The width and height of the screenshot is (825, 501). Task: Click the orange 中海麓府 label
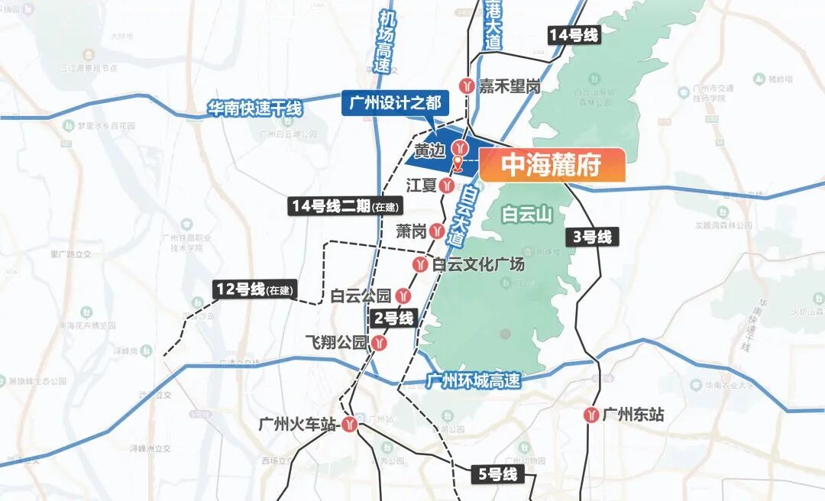coord(552,166)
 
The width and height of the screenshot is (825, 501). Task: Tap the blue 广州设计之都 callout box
coord(396,103)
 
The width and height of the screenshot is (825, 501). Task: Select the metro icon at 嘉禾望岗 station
coord(466,86)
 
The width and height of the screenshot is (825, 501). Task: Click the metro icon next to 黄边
coord(460,147)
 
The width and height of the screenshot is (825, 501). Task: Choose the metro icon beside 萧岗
coord(437,230)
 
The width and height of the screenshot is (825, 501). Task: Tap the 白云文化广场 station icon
coord(420,264)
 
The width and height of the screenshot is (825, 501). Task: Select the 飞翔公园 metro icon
coord(380,343)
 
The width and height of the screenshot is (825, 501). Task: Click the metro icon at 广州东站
coord(590,415)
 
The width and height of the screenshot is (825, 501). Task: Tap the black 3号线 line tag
coord(593,237)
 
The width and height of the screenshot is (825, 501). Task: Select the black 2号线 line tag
coord(393,318)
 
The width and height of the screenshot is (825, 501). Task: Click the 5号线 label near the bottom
coord(498,475)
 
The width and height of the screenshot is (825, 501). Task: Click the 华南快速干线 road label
coord(254,108)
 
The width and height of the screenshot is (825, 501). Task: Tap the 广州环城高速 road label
coord(474,380)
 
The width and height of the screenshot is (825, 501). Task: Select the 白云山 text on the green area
coord(527,215)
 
